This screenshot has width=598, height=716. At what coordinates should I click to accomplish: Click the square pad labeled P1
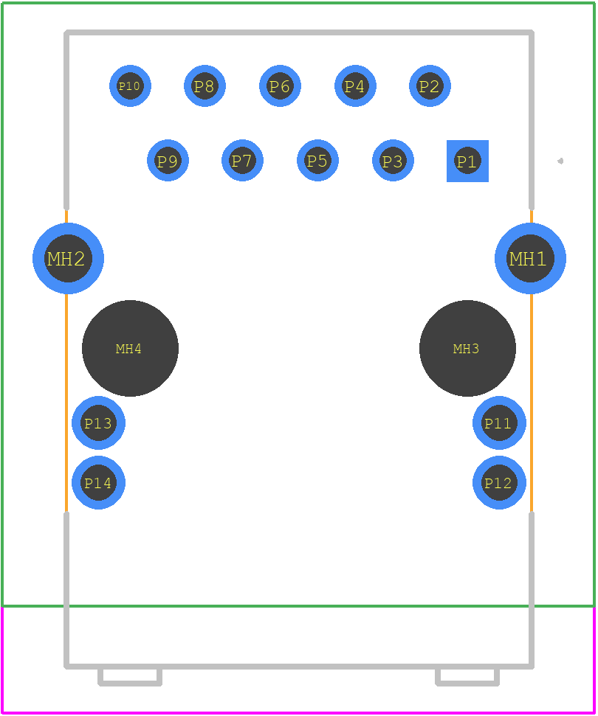(467, 161)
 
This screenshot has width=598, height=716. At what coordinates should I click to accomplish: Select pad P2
(430, 86)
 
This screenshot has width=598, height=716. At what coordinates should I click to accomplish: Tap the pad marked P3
(393, 160)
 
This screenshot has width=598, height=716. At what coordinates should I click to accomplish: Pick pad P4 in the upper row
(355, 86)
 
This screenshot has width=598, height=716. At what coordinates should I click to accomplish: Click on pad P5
(317, 160)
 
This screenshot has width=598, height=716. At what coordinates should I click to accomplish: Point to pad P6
(281, 86)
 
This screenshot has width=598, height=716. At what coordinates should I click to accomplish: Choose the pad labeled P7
(242, 160)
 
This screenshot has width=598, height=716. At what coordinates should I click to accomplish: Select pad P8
(205, 86)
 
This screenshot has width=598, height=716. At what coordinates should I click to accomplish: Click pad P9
(168, 160)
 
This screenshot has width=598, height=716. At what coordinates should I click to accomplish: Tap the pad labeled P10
(130, 86)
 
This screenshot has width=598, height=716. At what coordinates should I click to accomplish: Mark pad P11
(499, 423)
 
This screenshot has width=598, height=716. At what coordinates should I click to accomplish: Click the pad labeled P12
(499, 482)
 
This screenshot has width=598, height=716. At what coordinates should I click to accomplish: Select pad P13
(98, 423)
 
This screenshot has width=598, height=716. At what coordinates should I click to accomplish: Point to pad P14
(98, 482)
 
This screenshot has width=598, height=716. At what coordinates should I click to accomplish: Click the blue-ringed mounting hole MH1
(530, 259)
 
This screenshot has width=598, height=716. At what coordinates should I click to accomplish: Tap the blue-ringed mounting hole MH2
(68, 259)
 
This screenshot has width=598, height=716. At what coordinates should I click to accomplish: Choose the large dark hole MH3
(467, 348)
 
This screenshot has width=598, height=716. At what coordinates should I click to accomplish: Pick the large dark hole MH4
(130, 348)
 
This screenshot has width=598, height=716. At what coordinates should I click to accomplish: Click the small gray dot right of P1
(560, 161)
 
